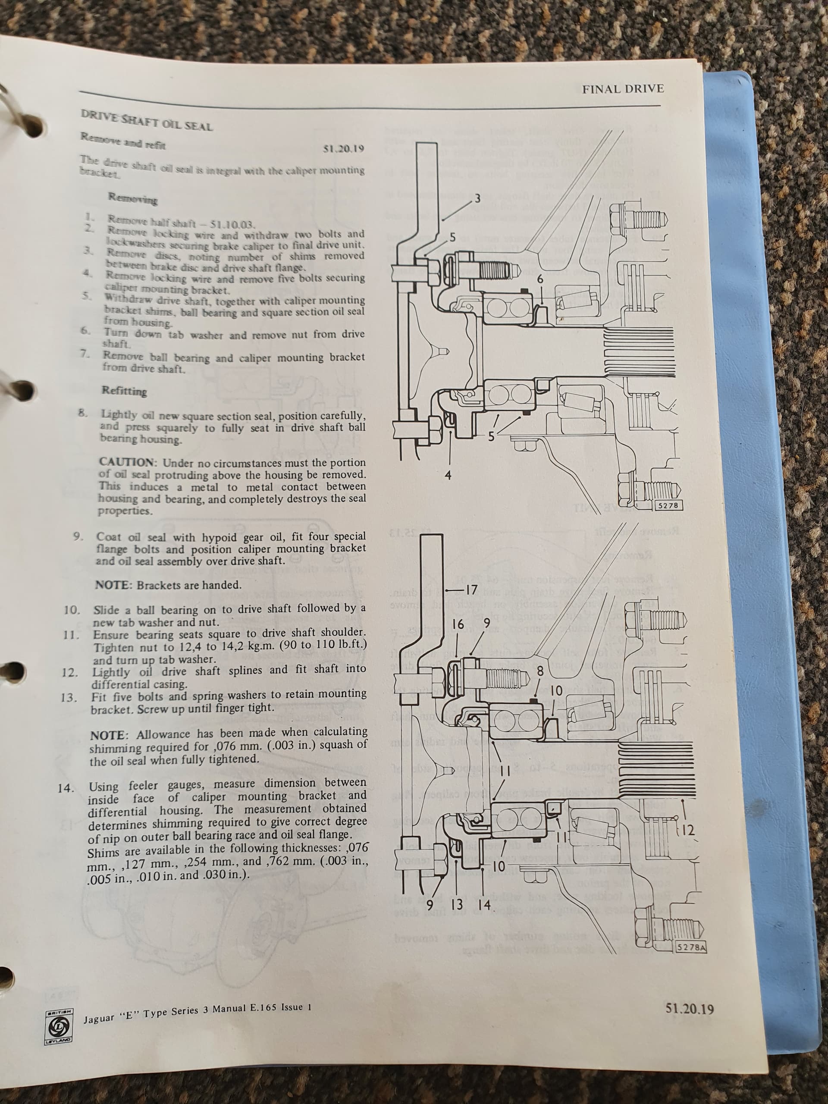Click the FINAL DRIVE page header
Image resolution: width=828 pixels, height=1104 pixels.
622,89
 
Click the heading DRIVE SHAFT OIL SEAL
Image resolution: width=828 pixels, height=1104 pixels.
147,120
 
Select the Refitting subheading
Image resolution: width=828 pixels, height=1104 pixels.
124,390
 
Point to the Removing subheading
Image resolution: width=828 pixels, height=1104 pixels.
132,199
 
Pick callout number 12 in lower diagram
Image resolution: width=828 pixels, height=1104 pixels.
688,831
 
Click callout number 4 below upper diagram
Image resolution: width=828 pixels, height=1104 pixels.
448,475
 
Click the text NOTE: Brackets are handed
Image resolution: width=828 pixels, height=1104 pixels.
168,584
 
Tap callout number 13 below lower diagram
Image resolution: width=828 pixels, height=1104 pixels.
457,905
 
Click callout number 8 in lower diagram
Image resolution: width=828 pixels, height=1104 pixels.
540,671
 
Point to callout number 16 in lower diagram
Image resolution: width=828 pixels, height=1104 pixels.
458,624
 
